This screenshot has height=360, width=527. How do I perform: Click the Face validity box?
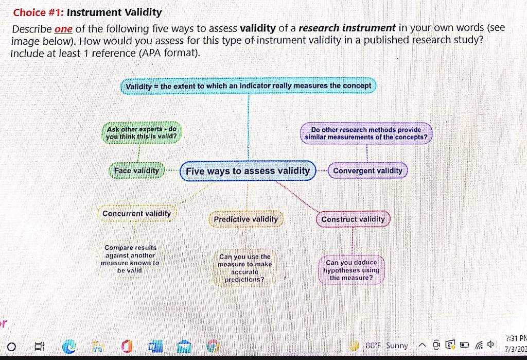pyautogui.click(x=136, y=170)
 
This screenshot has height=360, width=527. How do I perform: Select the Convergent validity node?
pyautogui.click(x=367, y=170)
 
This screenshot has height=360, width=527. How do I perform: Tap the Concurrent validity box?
pyautogui.click(x=137, y=213)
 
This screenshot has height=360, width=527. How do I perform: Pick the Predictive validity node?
pyautogui.click(x=245, y=219)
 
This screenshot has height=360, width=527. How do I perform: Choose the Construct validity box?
pyautogui.click(x=353, y=219)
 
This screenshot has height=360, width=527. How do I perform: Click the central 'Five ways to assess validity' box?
pyautogui.click(x=248, y=171)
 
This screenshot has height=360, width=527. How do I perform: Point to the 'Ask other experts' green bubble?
pyautogui.click(x=142, y=133)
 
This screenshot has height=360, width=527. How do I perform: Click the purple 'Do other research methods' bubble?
pyautogui.click(x=366, y=133)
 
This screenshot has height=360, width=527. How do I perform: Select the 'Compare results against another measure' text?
pyautogui.click(x=130, y=259)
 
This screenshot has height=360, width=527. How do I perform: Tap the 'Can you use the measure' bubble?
pyautogui.click(x=244, y=268)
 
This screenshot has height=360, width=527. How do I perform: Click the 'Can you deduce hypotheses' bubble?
pyautogui.click(x=351, y=270)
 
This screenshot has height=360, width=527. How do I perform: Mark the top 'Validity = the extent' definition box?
pyautogui.click(x=249, y=86)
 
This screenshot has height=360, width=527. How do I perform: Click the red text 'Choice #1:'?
pyautogui.click(x=38, y=12)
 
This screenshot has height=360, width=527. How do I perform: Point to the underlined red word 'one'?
pyautogui.click(x=63, y=29)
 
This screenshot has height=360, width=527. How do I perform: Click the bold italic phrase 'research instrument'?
pyautogui.click(x=347, y=28)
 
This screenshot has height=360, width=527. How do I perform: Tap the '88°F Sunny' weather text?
pyautogui.click(x=387, y=346)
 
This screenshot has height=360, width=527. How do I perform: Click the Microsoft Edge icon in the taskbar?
pyautogui.click(x=69, y=346)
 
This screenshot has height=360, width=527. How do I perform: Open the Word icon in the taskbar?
pyautogui.click(x=155, y=346)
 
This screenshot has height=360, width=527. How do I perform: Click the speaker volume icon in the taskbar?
pyautogui.click(x=491, y=344)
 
